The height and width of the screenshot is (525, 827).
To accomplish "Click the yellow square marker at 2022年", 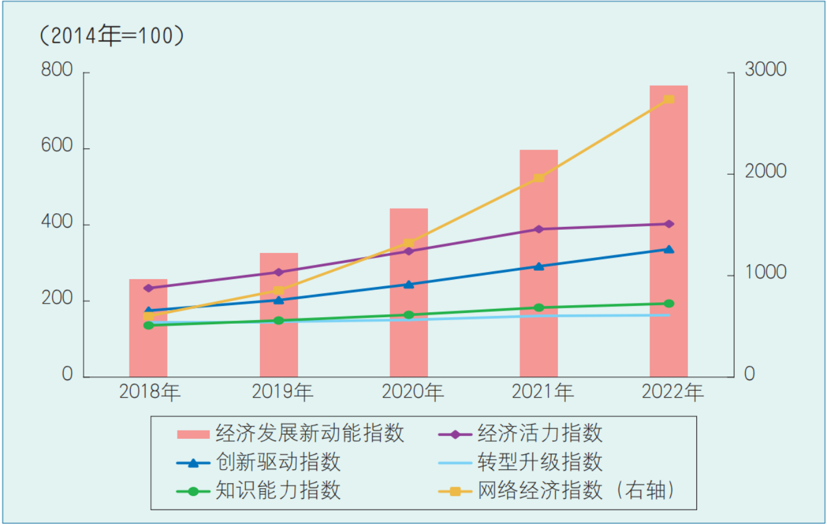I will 669,99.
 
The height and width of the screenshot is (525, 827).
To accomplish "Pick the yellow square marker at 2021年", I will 538,178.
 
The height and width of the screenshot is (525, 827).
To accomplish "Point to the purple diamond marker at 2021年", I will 539,229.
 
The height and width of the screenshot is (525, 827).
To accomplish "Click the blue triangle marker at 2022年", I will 669,249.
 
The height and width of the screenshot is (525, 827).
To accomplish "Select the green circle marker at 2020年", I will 408,315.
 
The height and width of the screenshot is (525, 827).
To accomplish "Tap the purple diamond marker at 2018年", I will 148,288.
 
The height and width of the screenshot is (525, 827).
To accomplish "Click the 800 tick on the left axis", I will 57,70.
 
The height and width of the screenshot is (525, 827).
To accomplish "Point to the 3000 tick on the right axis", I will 765,69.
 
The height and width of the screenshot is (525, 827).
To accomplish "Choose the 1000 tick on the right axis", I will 765,273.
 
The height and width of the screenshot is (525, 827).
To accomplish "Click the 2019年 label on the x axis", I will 282,392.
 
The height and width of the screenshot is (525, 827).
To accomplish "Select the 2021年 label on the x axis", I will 542,392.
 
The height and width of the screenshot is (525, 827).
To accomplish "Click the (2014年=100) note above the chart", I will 112,36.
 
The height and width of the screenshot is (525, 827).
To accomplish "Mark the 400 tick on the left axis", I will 57,222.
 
